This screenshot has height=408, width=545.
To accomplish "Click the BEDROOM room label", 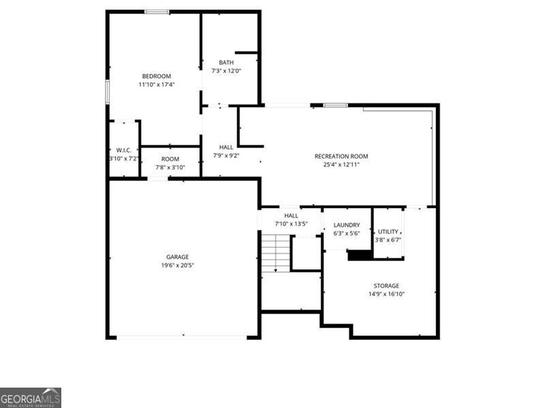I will [x=156, y=76].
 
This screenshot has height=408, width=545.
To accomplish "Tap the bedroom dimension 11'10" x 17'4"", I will [x=156, y=85].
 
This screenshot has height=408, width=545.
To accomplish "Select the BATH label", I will [x=225, y=63].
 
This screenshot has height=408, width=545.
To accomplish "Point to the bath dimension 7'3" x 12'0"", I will [x=225, y=71].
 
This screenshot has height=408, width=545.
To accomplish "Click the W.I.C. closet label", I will [x=123, y=150].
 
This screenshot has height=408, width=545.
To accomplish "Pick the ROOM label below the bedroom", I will [x=170, y=159].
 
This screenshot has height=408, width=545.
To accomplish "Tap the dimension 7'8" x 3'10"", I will [x=170, y=167].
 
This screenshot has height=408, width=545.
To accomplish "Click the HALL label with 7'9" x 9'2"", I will [x=226, y=147].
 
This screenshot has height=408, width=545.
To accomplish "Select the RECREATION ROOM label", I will [x=341, y=156].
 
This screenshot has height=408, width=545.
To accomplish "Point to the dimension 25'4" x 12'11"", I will [x=341, y=165].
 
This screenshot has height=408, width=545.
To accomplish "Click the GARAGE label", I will [x=177, y=257].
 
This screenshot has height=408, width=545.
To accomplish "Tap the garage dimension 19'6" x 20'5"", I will [x=177, y=265].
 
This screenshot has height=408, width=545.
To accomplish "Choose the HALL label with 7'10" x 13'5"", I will [x=291, y=216].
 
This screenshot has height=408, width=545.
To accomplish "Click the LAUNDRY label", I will [x=347, y=225].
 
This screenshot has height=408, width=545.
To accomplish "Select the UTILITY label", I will [x=388, y=232].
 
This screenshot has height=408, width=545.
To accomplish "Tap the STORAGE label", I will [x=386, y=286].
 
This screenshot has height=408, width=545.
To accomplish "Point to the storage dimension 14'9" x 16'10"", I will [x=386, y=294].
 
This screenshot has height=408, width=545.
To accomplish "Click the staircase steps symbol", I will [x=275, y=252].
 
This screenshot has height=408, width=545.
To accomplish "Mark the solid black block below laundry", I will [x=360, y=255].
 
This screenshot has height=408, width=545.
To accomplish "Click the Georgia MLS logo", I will [x=31, y=397].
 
